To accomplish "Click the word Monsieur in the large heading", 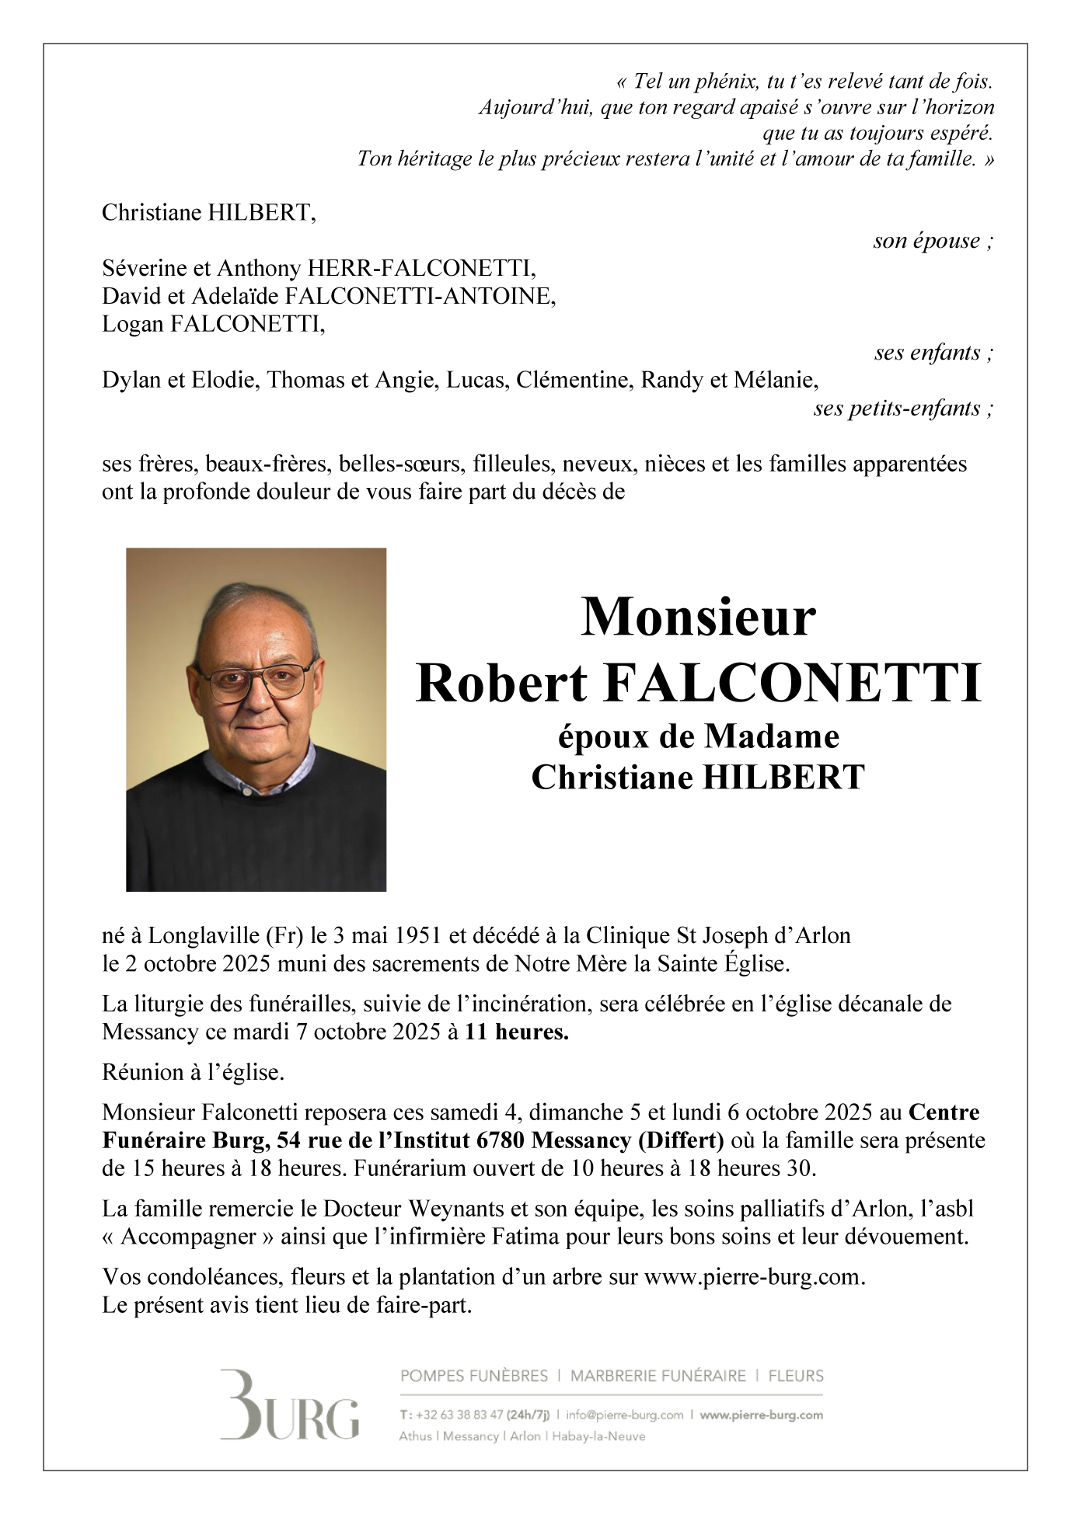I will tap(698, 618).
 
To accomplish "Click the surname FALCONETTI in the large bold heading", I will tap(793, 684).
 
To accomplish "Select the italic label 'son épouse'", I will tap(932, 241).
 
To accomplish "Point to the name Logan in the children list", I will tap(133, 324).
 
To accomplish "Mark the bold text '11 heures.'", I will tap(517, 1032).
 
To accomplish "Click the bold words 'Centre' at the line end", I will tap(944, 1112).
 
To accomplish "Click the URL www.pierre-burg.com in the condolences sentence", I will tap(753, 1277).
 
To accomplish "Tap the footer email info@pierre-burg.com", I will tap(624, 1415).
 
